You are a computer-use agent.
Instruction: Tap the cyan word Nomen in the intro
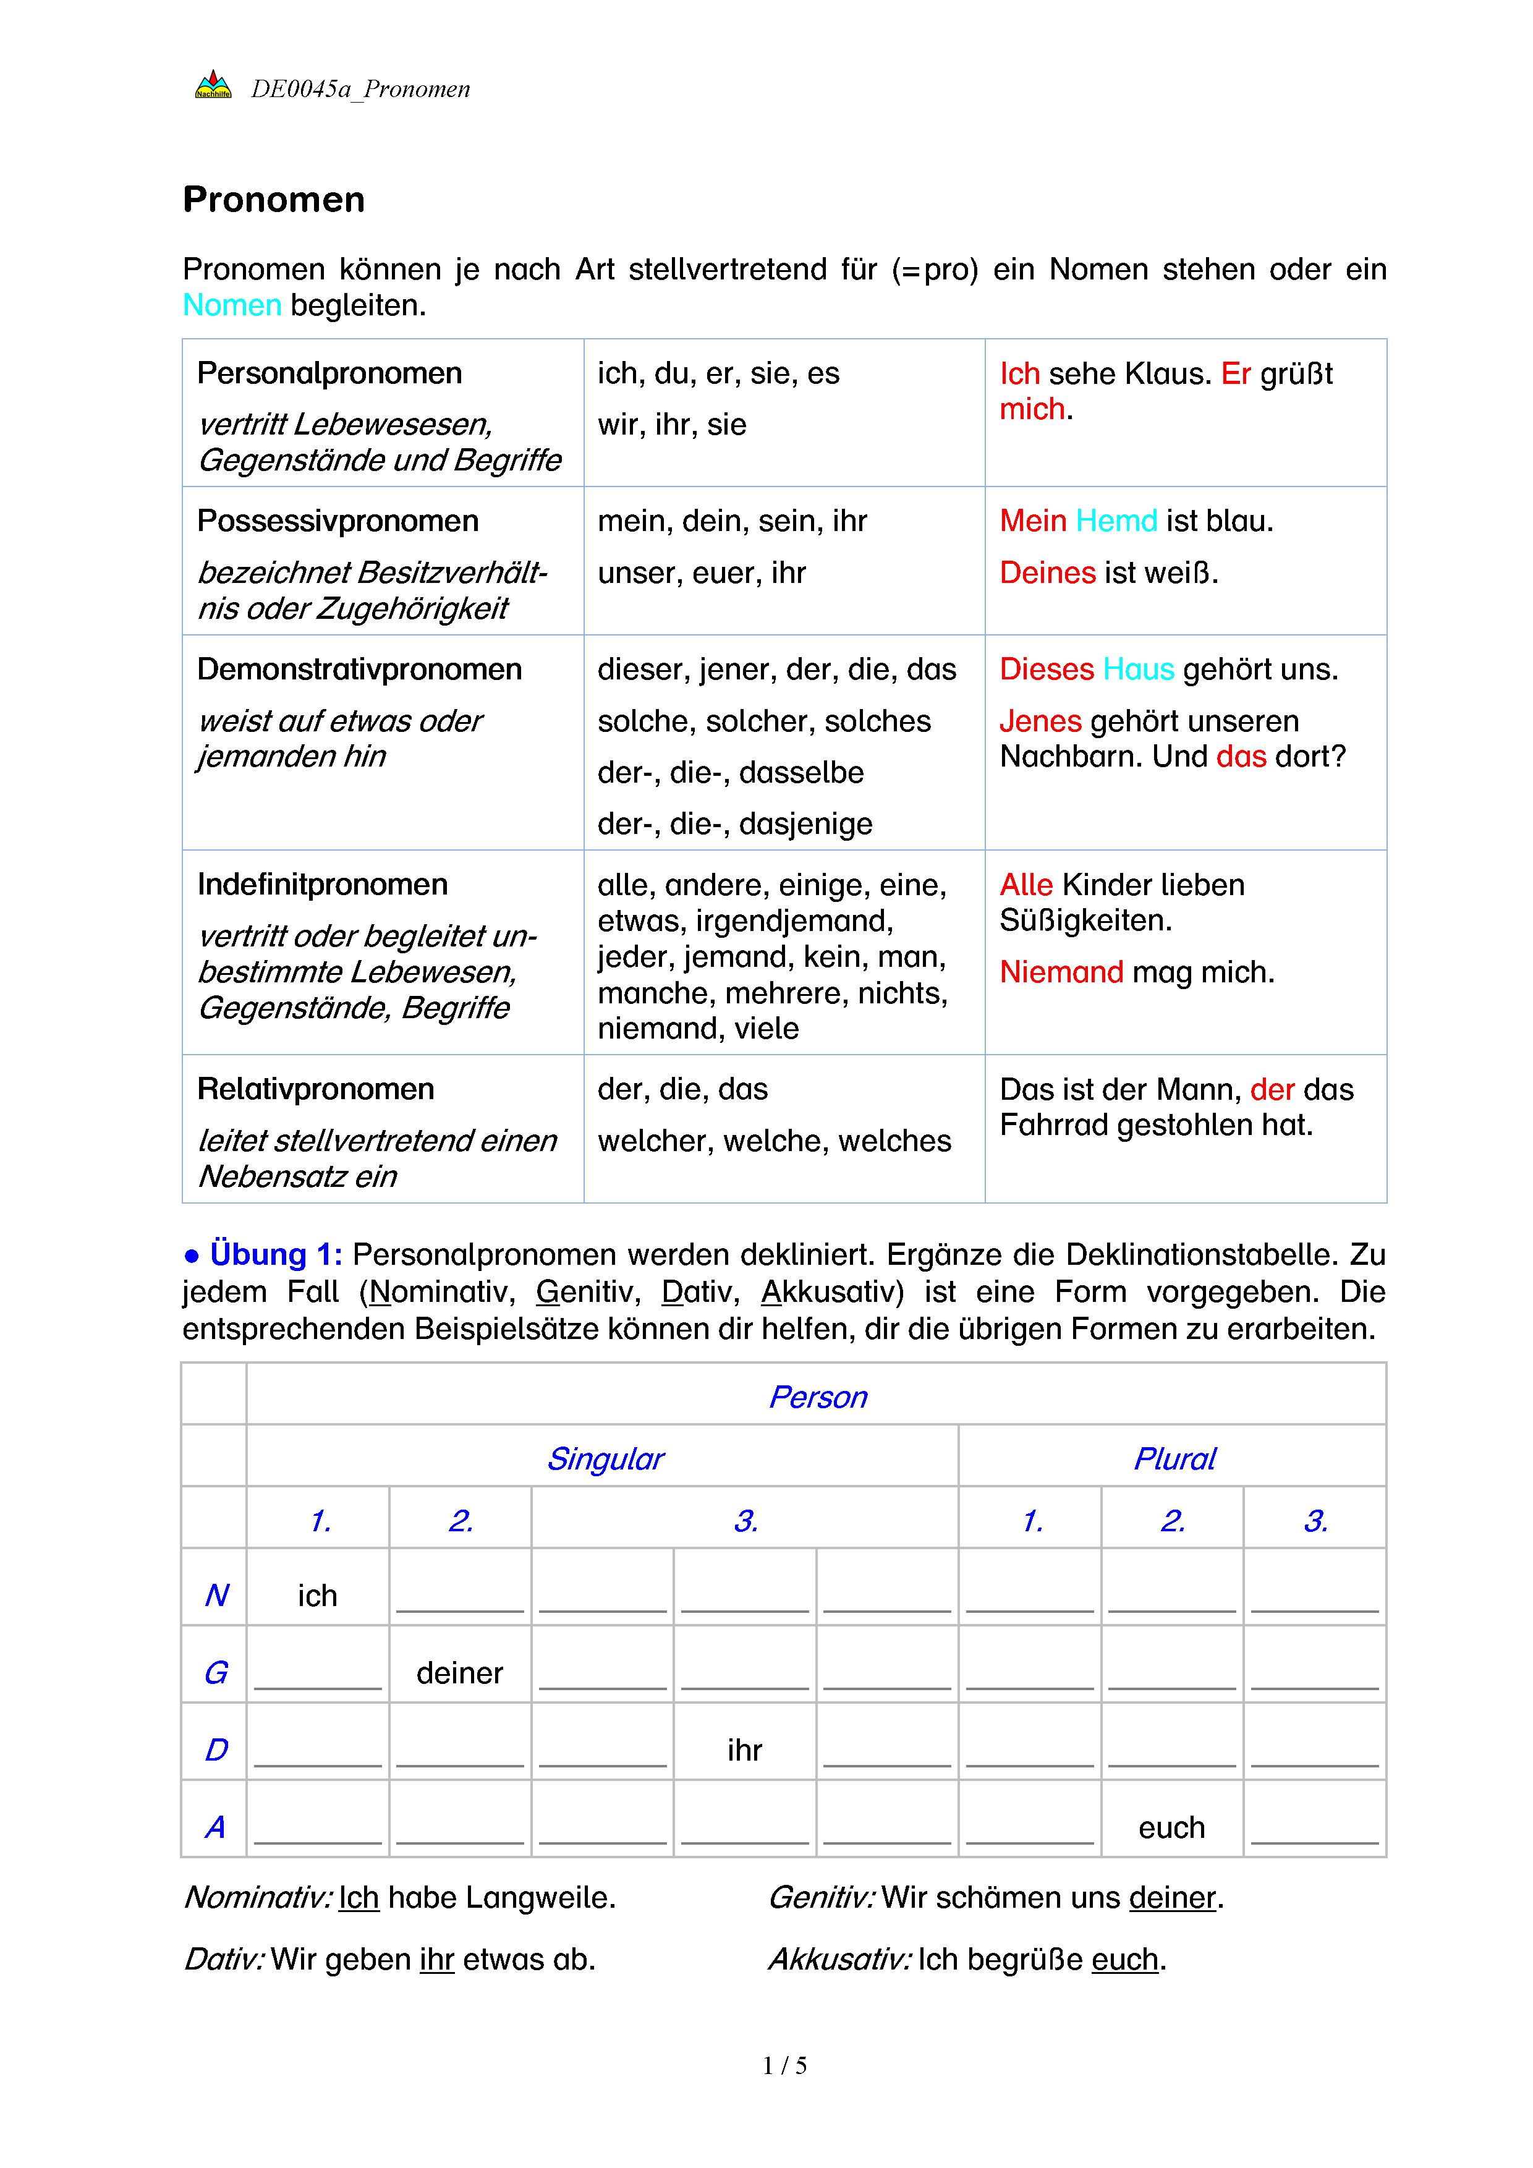coord(232,305)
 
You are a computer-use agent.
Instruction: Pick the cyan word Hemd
coord(1117,521)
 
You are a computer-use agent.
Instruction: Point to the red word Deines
coord(1048,572)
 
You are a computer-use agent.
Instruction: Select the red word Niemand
coord(1061,972)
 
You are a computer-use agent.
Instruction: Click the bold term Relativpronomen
coord(315,1089)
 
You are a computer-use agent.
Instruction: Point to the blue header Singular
coord(606,1459)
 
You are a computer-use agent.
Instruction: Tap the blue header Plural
coord(1174,1459)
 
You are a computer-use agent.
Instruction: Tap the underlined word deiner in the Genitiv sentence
coord(1171,1897)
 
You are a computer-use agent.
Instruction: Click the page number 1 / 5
coord(784,2066)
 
